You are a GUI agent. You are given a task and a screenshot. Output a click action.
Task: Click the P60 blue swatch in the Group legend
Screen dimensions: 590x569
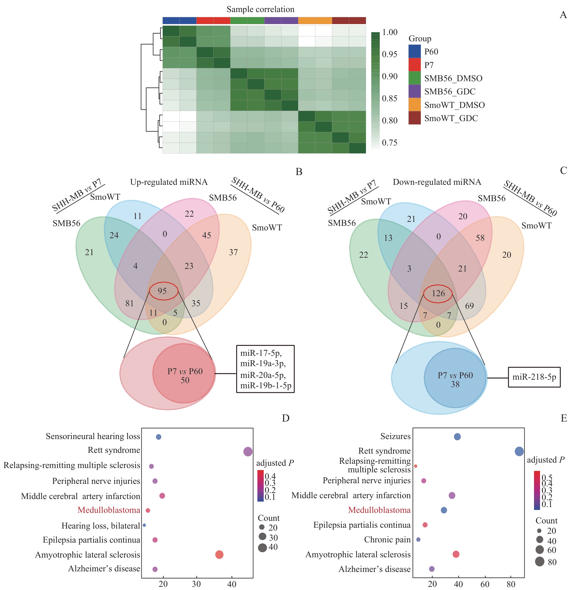(414, 51)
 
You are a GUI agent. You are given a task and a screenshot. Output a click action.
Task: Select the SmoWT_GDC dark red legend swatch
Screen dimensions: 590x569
(414, 118)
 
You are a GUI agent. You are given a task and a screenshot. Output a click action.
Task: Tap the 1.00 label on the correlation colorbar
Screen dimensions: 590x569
(390, 32)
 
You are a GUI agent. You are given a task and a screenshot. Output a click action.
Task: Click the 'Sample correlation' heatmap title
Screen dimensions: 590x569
(260, 9)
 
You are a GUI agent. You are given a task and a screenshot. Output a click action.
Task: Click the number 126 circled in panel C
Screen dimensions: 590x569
(438, 293)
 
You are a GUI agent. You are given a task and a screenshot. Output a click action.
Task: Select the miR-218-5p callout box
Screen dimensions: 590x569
(534, 377)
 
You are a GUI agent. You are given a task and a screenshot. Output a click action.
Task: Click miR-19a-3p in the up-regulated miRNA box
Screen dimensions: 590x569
(263, 363)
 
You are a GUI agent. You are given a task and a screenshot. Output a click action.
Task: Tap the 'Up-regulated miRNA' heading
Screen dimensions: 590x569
(169, 182)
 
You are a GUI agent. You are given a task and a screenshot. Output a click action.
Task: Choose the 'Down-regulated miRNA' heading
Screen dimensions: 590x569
(437, 182)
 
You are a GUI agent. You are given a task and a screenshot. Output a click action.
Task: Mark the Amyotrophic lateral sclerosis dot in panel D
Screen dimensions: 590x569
(219, 554)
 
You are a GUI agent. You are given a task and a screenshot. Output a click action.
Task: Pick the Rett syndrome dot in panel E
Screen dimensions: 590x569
(519, 451)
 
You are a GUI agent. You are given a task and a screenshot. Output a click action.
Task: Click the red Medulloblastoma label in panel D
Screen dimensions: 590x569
(109, 510)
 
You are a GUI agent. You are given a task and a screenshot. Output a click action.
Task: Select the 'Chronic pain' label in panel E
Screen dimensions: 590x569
(387, 539)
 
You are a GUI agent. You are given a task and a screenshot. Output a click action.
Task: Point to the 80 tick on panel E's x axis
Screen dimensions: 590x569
(511, 584)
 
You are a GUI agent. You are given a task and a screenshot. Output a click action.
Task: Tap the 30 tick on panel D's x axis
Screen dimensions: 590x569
(196, 584)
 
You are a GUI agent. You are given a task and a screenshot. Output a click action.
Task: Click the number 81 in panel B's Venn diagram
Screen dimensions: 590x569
(129, 303)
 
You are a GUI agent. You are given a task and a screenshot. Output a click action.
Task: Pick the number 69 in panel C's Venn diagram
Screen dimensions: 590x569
(469, 306)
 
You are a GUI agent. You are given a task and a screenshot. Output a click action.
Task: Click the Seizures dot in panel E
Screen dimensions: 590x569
(457, 436)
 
